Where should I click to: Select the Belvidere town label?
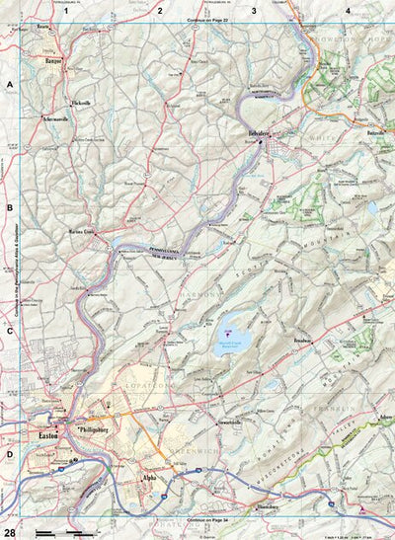(x=260, y=131)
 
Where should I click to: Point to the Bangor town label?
(x=54, y=61)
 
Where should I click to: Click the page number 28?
(x=8, y=505)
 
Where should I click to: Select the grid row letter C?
(x=9, y=331)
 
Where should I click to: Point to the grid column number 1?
(x=65, y=10)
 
